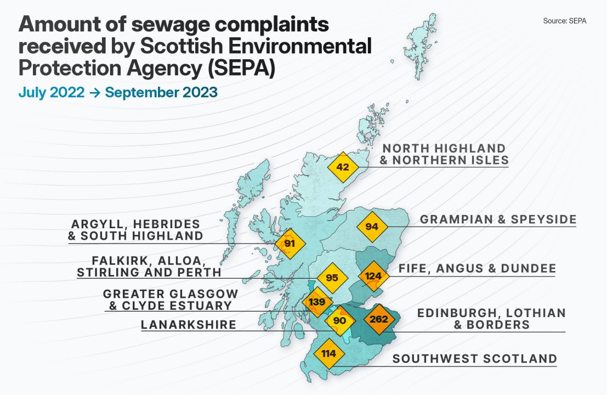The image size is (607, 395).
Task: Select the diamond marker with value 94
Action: pos(372,227)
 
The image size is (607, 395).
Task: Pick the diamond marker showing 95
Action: pos(332,278)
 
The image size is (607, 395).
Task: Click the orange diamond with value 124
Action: pos(373,275)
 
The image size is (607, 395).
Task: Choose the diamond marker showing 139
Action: pos(317,302)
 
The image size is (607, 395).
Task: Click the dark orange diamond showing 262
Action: pos(379,319)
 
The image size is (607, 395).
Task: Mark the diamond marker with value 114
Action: pos(328,353)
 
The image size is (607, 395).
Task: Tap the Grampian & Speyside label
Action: pos(498,220)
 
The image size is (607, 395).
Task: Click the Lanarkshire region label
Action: pos(189,325)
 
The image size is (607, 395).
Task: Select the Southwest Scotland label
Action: pos(475,359)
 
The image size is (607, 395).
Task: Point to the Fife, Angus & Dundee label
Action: pos(477,269)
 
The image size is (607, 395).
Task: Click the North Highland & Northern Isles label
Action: pos(444,154)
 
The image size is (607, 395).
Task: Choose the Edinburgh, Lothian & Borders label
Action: pos(491,319)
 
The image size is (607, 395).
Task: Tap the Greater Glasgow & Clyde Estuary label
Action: pos(171,300)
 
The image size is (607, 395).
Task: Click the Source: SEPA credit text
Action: pos(564,21)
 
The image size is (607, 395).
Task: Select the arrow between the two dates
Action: pos(95,93)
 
